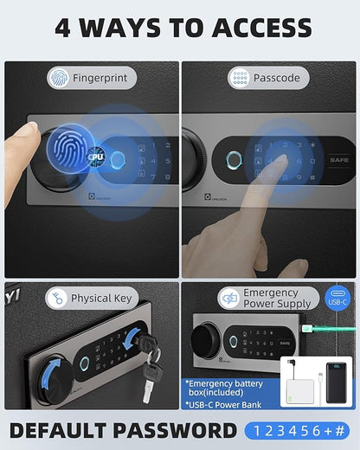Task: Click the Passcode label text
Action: pos(277,78)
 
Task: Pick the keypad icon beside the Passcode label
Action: pos(239,78)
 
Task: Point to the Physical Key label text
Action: pos(102,299)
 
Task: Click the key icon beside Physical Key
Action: pos(57,299)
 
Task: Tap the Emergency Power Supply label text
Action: pos(270,299)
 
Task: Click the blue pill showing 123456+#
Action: pos(296,431)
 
